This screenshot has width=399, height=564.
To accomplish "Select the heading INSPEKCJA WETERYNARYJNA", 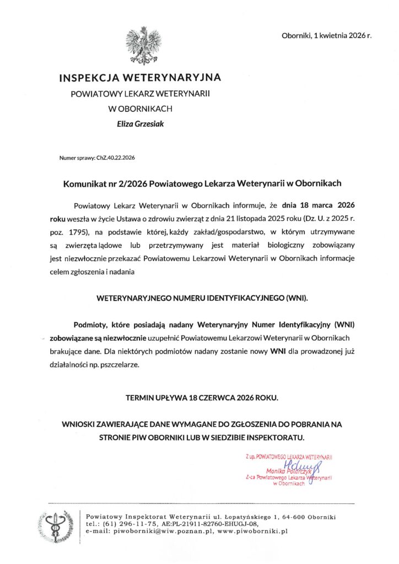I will (140, 78).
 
